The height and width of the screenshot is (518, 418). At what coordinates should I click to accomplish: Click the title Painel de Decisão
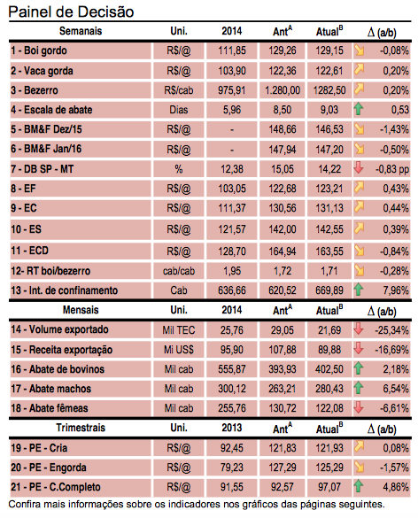tap(71, 12)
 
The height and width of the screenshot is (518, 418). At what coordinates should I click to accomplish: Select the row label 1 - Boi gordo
tap(39, 50)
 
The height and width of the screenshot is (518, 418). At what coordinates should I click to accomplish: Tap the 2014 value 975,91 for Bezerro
tap(232, 90)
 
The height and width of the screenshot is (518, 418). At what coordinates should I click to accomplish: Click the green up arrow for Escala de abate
tap(359, 109)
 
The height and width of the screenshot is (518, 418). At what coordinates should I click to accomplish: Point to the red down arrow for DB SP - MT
tap(359, 168)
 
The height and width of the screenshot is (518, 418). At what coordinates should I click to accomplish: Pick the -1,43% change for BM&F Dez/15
tap(394, 129)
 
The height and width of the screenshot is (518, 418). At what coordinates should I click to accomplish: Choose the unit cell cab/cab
tap(179, 271)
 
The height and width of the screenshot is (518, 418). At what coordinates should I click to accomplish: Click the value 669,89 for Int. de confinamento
tap(329, 290)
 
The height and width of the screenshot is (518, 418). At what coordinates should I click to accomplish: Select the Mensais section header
tap(81, 310)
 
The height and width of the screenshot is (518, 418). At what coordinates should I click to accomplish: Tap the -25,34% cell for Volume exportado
tap(391, 329)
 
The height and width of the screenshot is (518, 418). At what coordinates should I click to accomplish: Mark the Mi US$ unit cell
tap(179, 350)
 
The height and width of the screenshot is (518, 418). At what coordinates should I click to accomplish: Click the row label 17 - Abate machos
tap(50, 389)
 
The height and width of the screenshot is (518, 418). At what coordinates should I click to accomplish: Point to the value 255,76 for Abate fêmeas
tap(232, 408)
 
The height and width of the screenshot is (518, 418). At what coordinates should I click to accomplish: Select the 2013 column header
tap(232, 428)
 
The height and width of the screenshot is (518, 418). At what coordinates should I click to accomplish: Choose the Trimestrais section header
tap(81, 428)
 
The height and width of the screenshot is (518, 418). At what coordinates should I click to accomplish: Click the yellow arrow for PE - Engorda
tap(359, 468)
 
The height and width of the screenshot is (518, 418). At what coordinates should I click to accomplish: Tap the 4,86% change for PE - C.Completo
tap(396, 487)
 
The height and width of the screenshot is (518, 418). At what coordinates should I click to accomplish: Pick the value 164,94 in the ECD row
tap(283, 251)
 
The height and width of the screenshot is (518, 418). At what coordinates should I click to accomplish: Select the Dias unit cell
tap(179, 110)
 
